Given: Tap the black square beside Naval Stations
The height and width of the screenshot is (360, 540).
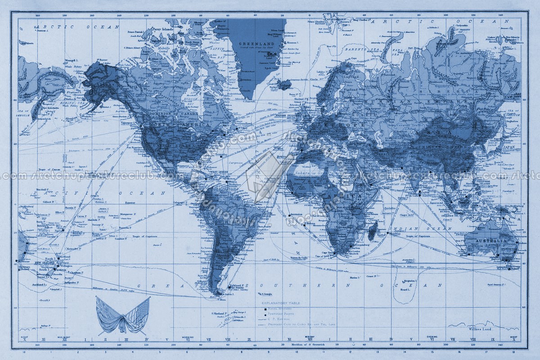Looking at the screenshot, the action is click(265, 309).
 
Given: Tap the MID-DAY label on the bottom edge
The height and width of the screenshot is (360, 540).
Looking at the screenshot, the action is click(309, 337).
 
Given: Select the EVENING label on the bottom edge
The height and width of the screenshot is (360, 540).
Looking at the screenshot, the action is click(432, 337).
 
